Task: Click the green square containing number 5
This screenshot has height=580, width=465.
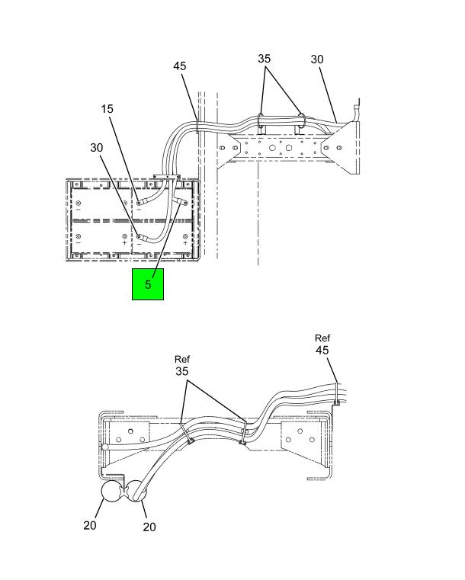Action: click(148, 284)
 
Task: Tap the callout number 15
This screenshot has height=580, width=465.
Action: click(107, 109)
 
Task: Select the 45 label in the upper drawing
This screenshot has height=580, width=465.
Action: click(180, 66)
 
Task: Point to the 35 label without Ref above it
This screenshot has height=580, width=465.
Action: click(264, 59)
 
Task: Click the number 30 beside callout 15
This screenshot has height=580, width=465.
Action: click(97, 148)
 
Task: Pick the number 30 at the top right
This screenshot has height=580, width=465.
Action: click(317, 59)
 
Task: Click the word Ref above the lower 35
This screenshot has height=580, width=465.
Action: click(182, 359)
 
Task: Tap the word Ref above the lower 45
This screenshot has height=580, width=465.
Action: click(322, 338)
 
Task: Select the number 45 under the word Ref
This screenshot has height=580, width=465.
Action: click(322, 350)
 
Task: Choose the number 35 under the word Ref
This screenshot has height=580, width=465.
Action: click(182, 371)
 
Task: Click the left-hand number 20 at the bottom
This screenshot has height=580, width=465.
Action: click(90, 525)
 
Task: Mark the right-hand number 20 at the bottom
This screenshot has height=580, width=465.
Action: click(149, 527)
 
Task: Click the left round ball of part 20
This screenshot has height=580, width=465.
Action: click(112, 492)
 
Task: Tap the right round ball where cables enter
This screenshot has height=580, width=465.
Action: click(136, 491)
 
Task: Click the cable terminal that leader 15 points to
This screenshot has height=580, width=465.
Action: click(143, 202)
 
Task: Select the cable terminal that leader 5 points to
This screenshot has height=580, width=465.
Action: click(182, 202)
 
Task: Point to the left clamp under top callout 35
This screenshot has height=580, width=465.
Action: click(261, 121)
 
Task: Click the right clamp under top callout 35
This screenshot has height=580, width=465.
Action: click(302, 121)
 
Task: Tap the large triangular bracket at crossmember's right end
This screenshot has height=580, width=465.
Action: click(341, 147)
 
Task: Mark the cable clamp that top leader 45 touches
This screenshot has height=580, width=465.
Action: click(197, 126)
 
